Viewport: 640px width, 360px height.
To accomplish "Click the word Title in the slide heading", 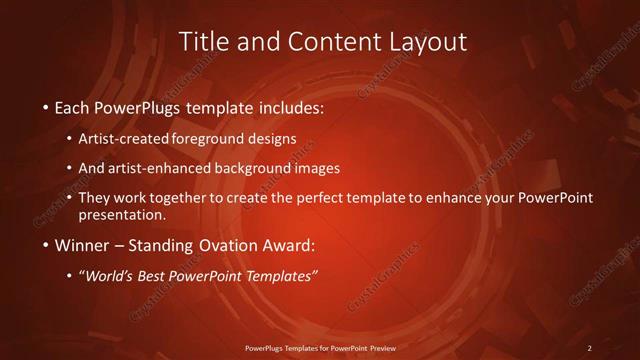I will point(204,42).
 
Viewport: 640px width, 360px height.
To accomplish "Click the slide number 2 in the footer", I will point(589,348).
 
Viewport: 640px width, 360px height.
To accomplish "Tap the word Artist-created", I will point(138,138).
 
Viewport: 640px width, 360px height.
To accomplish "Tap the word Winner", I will point(84,245).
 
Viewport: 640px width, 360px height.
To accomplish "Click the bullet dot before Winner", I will point(46,245).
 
